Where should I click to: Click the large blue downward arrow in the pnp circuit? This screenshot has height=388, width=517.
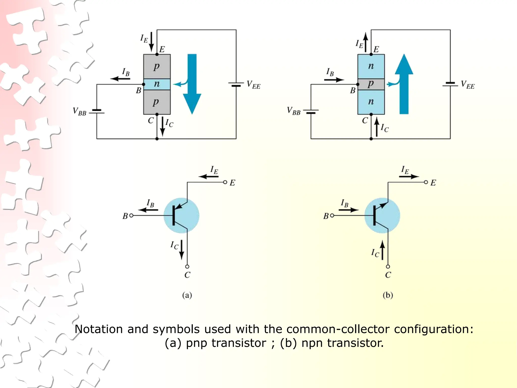point(192,83)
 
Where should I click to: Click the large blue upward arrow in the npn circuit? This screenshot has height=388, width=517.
point(404,83)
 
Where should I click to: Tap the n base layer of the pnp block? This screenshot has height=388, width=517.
point(157,84)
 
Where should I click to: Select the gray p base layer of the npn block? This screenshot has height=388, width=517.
point(371,84)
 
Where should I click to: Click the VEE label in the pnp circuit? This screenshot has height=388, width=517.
point(253,85)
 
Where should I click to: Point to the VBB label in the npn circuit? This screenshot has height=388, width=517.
point(294,111)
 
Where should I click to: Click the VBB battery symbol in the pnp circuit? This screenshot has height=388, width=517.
point(97,111)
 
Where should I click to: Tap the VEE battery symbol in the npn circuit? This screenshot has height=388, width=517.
point(450,84)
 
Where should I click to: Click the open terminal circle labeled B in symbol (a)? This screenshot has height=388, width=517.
point(131,215)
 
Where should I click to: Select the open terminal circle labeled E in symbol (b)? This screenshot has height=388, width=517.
point(426,182)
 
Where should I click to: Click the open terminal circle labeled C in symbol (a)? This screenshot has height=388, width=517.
point(187,266)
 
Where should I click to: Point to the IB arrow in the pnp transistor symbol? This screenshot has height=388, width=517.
point(148,210)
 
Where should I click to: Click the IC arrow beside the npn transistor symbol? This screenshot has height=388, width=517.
point(382,250)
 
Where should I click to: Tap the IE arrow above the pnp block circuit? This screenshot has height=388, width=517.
point(151,42)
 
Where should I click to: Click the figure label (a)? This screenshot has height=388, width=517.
point(187,295)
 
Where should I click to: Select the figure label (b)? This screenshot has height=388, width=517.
point(388,295)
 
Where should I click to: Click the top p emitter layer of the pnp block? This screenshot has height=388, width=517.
point(157,66)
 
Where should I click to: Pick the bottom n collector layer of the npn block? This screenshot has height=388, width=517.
point(371,102)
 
